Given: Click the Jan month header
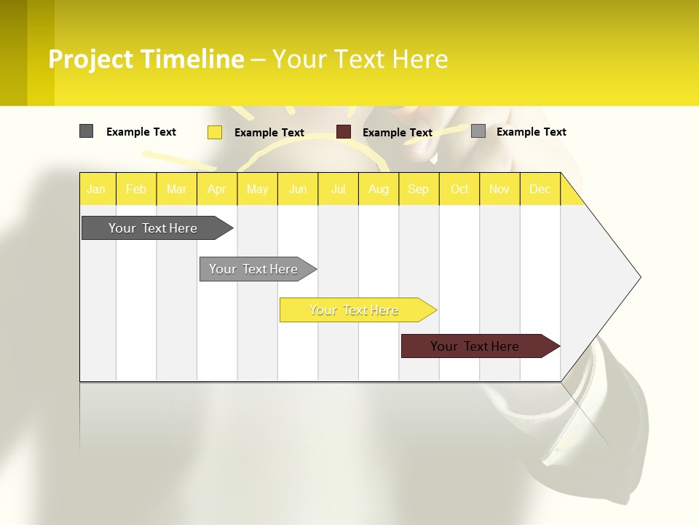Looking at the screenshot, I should point(96,189).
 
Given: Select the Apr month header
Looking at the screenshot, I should point(217,189).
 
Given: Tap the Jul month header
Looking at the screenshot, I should point(339,189).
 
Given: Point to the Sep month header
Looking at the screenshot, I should point(419,189).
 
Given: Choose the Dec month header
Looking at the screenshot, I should point(540,189).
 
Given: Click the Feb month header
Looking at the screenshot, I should point(136,189).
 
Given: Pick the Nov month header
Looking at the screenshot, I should point(499,189).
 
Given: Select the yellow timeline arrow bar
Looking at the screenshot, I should point(355,310).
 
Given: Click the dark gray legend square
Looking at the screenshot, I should point(86,131).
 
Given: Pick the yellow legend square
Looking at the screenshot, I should point(215,132).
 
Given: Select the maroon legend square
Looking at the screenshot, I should point(344,132).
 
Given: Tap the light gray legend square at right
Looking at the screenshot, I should point(478,131).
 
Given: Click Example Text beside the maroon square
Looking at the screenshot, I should point(398,133).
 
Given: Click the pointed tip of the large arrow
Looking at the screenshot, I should point(639,276).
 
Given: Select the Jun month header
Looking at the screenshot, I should point(298,189).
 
